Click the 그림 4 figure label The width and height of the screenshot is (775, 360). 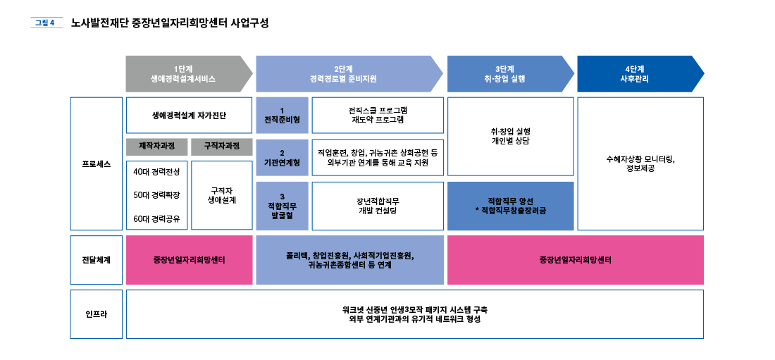pyautogui.click(x=44, y=23)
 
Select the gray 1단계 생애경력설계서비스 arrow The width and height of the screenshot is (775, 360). pyautogui.click(x=187, y=74)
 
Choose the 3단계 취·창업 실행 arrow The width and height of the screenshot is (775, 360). pyautogui.click(x=509, y=74)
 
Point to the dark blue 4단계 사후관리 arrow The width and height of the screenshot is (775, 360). pyautogui.click(x=638, y=74)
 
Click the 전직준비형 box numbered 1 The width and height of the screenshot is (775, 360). pyautogui.click(x=282, y=115)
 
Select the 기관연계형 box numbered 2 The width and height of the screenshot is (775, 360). pyautogui.click(x=282, y=157)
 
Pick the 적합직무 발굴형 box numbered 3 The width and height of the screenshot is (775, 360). pyautogui.click(x=282, y=206)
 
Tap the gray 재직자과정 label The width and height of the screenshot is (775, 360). pyautogui.click(x=157, y=147)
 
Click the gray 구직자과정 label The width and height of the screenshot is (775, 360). pyautogui.click(x=222, y=147)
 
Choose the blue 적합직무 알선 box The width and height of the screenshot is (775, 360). pyautogui.click(x=510, y=206)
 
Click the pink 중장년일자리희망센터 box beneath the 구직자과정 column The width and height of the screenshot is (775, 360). pyautogui.click(x=189, y=260)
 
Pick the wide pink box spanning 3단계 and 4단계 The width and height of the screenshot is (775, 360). pyautogui.click(x=575, y=260)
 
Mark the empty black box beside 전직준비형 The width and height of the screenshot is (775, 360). pyautogui.click(x=378, y=115)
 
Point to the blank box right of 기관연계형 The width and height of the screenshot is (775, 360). pyautogui.click(x=378, y=157)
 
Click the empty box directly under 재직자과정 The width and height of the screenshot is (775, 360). pyautogui.click(x=157, y=195)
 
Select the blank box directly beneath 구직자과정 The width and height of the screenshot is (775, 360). pyautogui.click(x=222, y=195)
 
